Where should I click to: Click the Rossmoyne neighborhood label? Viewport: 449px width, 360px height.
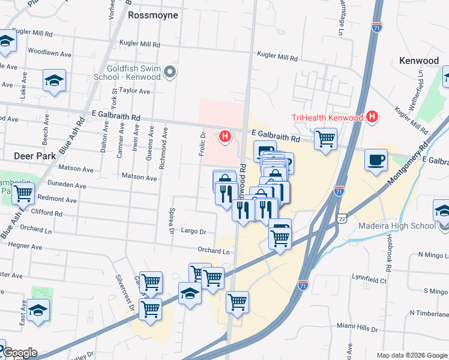[153, 15]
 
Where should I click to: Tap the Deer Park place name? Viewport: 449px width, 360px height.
[35, 156]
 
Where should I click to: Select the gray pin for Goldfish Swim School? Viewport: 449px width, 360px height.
[170, 73]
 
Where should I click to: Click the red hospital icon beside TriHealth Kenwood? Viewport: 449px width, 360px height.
[372, 116]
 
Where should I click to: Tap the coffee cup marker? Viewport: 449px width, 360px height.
[376, 160]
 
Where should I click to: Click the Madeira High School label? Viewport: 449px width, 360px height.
[397, 226]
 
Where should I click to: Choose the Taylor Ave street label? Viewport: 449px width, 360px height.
[134, 91]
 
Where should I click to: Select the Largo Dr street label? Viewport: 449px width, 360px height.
[193, 231]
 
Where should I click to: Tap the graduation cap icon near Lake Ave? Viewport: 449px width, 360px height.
[54, 81]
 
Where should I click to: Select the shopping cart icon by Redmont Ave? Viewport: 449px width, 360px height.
[23, 193]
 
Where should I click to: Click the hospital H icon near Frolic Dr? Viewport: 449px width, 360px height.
[225, 137]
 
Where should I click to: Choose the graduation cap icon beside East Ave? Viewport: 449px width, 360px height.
[38, 310]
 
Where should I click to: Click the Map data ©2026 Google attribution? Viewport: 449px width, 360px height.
[412, 355]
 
